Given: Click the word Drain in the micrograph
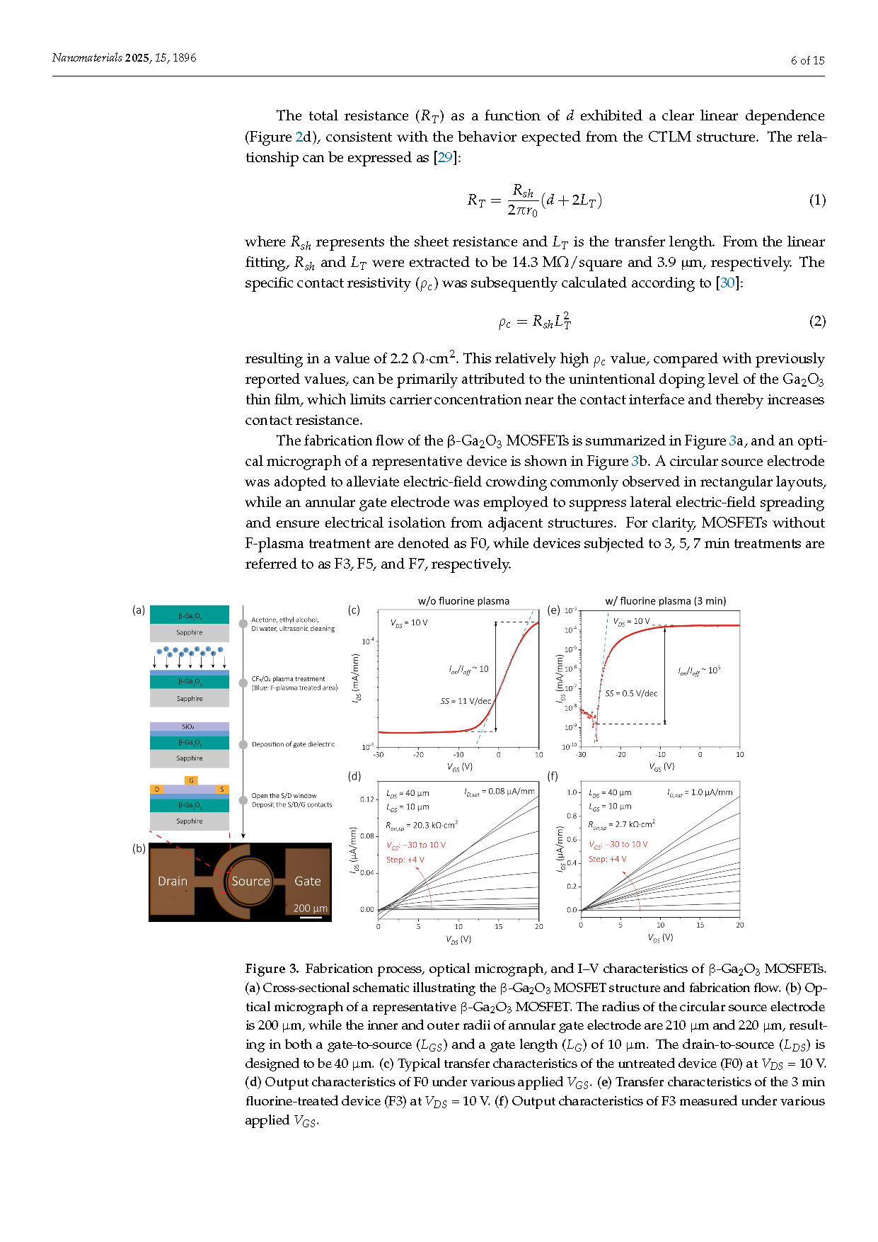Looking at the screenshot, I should [173, 881].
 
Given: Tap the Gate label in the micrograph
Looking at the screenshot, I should [308, 881].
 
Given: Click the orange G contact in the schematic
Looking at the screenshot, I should [191, 780].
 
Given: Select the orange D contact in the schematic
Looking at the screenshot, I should [157, 789].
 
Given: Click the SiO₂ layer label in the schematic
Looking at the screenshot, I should [188, 727].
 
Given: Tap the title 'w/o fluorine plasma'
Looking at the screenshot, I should [463, 601].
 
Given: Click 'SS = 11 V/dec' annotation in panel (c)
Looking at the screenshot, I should [466, 701].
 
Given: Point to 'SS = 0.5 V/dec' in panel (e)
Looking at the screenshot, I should [631, 693].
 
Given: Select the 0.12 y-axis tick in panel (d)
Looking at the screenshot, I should [367, 799].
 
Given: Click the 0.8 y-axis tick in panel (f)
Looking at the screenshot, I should [572, 816].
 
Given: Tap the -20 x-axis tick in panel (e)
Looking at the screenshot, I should [620, 755].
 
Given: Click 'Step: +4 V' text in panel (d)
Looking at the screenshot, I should [405, 860].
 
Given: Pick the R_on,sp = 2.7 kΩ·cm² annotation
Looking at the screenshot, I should [621, 824].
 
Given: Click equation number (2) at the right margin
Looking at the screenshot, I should [817, 321].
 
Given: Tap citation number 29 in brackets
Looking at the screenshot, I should [445, 157].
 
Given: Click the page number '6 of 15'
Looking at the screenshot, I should [807, 61].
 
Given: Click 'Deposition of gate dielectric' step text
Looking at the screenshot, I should [293, 744].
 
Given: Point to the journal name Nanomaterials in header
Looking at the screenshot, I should [87, 58].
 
